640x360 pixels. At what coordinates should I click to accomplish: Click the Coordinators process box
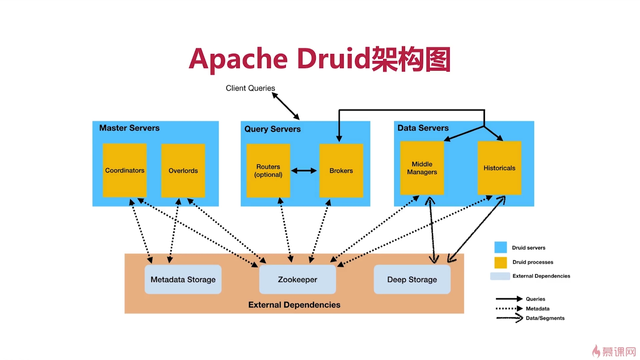[125, 170]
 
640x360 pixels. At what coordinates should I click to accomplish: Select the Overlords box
[183, 171]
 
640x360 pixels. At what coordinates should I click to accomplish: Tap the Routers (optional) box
[268, 171]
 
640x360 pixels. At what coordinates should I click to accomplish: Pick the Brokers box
[341, 171]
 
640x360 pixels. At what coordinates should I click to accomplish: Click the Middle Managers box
[422, 168]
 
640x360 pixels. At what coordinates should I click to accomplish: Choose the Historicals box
[499, 168]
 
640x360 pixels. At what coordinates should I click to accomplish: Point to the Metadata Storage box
[183, 279]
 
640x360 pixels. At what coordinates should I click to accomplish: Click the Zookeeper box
[297, 279]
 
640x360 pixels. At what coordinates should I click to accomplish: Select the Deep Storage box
[412, 279]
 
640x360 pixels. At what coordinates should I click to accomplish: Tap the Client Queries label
[250, 88]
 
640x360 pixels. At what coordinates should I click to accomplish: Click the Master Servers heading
[129, 128]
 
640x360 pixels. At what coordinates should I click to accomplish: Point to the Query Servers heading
[272, 129]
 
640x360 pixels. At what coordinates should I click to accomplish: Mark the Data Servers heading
[423, 128]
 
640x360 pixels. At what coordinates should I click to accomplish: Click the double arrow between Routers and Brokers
[304, 171]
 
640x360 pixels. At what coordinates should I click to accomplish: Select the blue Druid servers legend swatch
[500, 247]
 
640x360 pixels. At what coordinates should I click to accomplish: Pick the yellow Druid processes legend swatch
[500, 262]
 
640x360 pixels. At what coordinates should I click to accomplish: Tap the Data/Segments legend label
[545, 318]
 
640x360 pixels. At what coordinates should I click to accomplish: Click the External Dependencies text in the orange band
[294, 305]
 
